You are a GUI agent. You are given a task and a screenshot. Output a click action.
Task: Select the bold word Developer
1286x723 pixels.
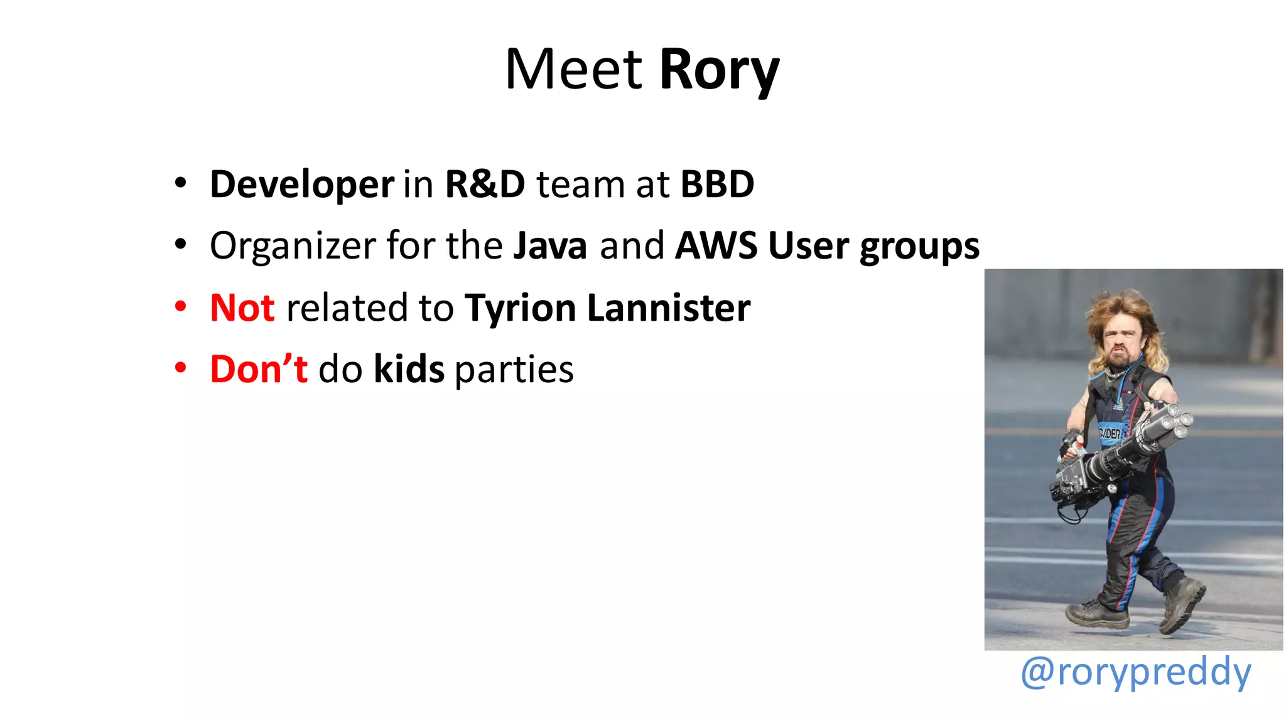(x=302, y=185)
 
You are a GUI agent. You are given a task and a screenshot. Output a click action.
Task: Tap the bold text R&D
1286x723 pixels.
(x=485, y=185)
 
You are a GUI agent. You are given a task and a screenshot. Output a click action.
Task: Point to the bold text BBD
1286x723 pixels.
(x=717, y=185)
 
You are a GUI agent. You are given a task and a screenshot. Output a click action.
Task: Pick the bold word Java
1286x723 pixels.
(x=550, y=246)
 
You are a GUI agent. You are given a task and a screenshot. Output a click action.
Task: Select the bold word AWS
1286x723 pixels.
(x=716, y=246)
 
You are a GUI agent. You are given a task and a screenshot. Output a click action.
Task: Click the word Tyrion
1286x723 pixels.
(x=520, y=309)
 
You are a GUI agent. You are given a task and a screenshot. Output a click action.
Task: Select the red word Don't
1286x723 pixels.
(x=259, y=369)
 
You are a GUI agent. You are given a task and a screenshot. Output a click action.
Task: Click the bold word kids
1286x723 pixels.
(x=409, y=369)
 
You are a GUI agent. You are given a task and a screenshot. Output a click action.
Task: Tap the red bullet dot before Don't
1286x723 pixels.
(x=181, y=368)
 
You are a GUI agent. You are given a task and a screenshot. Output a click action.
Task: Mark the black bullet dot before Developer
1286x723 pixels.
(x=181, y=183)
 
